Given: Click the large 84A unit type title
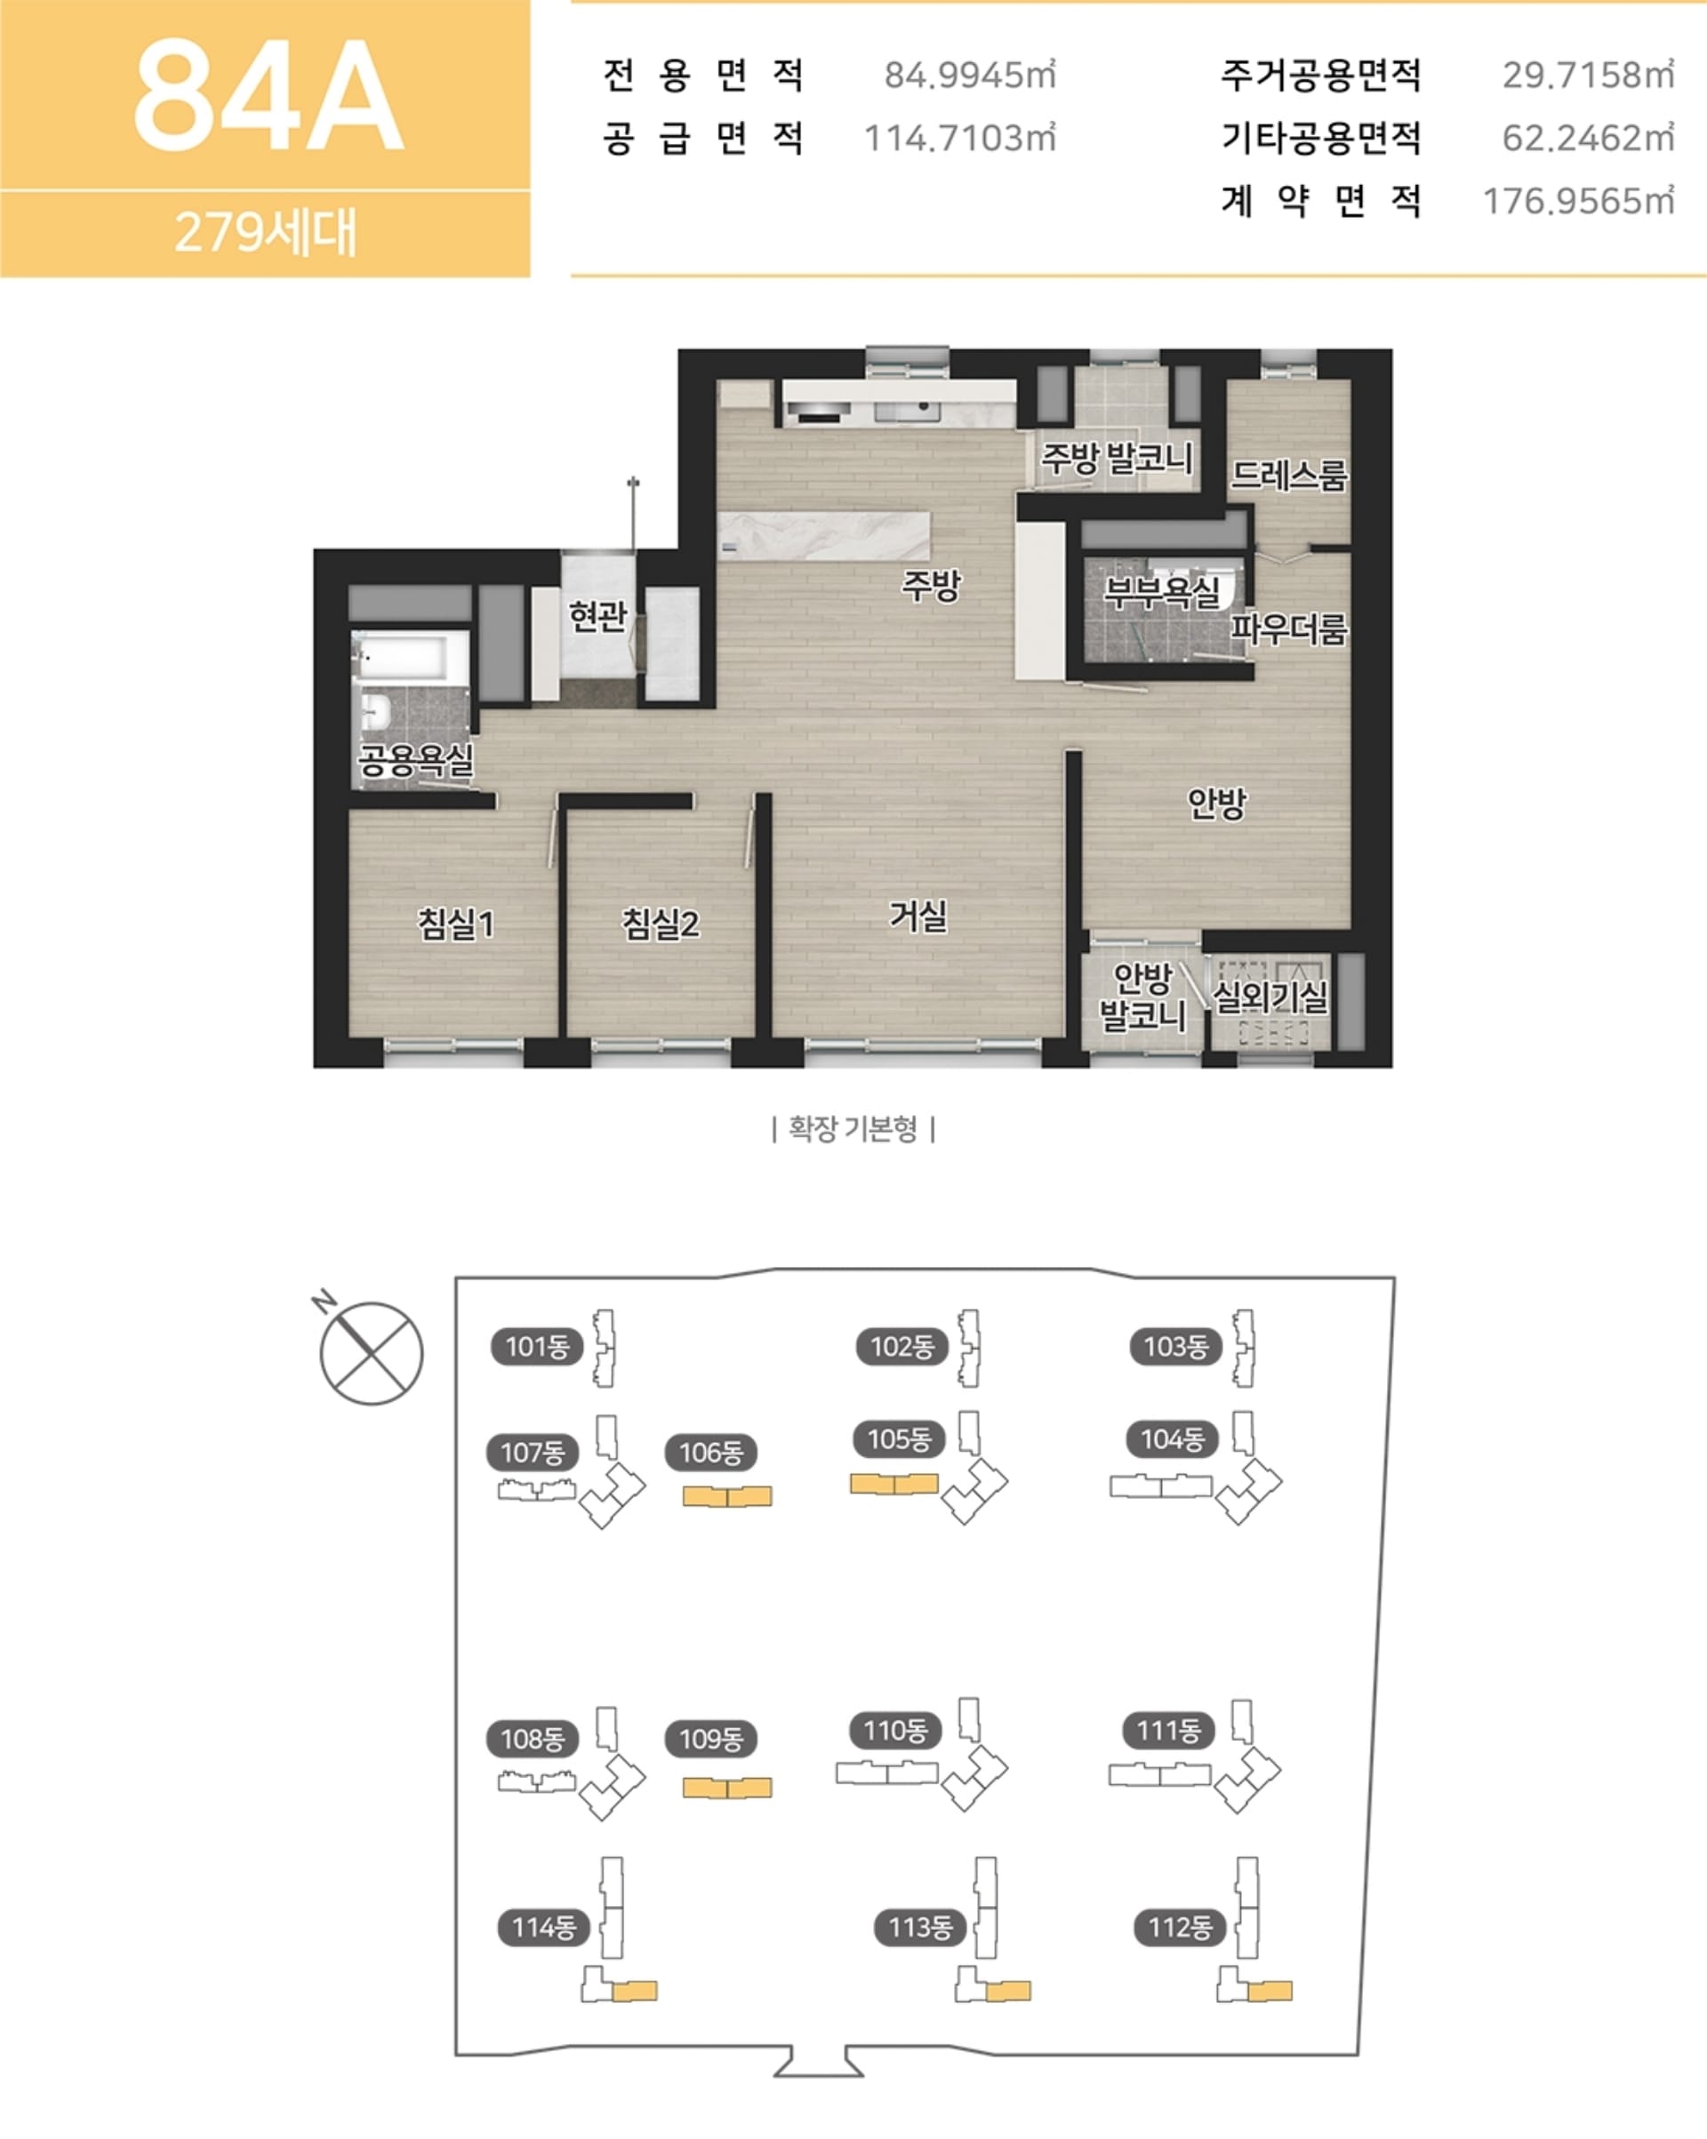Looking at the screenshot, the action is coord(268,96).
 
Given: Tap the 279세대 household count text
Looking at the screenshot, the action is coord(265,232).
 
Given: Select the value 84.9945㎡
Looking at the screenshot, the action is coord(970,75).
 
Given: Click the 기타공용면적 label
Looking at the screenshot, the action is coord(1321,138).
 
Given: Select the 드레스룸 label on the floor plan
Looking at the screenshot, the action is coord(1289,476).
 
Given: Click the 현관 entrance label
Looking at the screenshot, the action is coord(597,615).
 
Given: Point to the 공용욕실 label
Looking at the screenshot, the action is coord(416,760).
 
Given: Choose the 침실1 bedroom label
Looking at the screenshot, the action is coord(455,924).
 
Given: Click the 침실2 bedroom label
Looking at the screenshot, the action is coord(660,924).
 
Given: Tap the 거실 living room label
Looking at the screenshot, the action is coord(918,915).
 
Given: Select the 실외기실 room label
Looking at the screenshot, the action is coord(1270,995).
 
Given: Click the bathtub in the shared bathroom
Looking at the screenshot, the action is coord(410,656).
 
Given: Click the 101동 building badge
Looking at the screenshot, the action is coord(537,1346).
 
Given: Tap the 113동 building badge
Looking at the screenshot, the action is coord(920,1927).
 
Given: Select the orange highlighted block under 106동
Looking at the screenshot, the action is coord(727,1496).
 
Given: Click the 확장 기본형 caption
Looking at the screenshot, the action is coord(853,1128).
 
